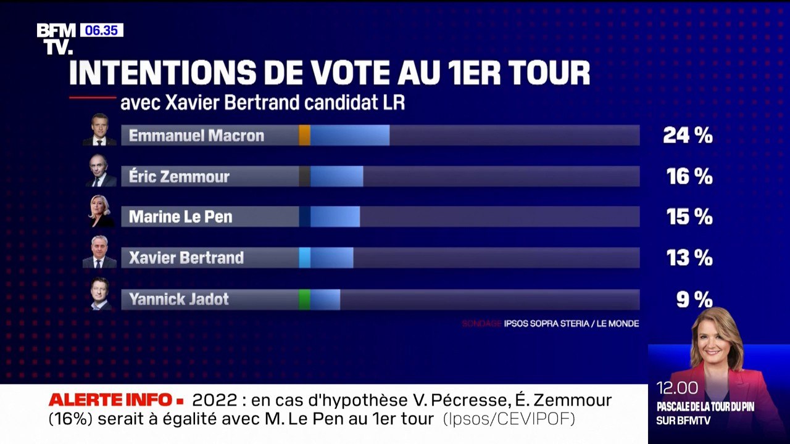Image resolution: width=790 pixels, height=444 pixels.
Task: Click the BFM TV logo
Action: click(56, 39)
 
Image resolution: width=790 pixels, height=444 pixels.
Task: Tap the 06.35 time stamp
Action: click(101, 30)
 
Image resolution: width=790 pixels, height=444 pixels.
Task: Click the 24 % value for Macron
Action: click(688, 136)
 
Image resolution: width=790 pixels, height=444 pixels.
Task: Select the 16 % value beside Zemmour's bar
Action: click(689, 177)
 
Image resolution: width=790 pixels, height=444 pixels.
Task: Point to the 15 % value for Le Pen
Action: click(689, 217)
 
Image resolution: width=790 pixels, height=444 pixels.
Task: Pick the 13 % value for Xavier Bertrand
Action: click(689, 258)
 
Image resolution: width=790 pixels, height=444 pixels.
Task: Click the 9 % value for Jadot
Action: click(694, 299)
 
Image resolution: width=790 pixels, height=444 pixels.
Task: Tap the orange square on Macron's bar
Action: click(304, 136)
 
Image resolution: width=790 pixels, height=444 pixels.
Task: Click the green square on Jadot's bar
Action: click(304, 299)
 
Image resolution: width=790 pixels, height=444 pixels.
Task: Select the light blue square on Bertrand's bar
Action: click(304, 258)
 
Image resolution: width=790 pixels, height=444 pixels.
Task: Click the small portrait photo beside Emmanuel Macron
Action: click(99, 129)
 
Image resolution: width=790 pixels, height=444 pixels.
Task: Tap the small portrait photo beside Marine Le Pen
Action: click(99, 211)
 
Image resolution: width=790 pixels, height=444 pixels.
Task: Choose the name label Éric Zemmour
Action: click(179, 177)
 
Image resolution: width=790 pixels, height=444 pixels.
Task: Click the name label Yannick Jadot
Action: click(178, 299)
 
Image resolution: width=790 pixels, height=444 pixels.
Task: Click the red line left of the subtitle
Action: click(92, 97)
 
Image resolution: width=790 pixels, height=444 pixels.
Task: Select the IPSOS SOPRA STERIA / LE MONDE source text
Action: click(571, 323)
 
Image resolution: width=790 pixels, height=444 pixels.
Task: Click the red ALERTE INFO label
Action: click(117, 400)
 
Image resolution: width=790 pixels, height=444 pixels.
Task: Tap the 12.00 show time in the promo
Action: click(678, 388)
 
